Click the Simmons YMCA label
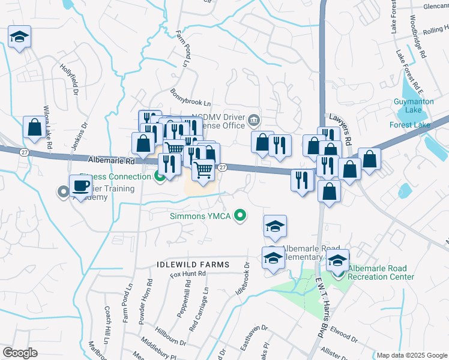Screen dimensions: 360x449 [200, 215]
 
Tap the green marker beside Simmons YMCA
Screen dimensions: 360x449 [240, 215]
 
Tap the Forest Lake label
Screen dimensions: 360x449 [409, 125]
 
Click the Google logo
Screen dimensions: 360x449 [20, 353]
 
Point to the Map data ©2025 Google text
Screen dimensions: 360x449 [412, 355]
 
